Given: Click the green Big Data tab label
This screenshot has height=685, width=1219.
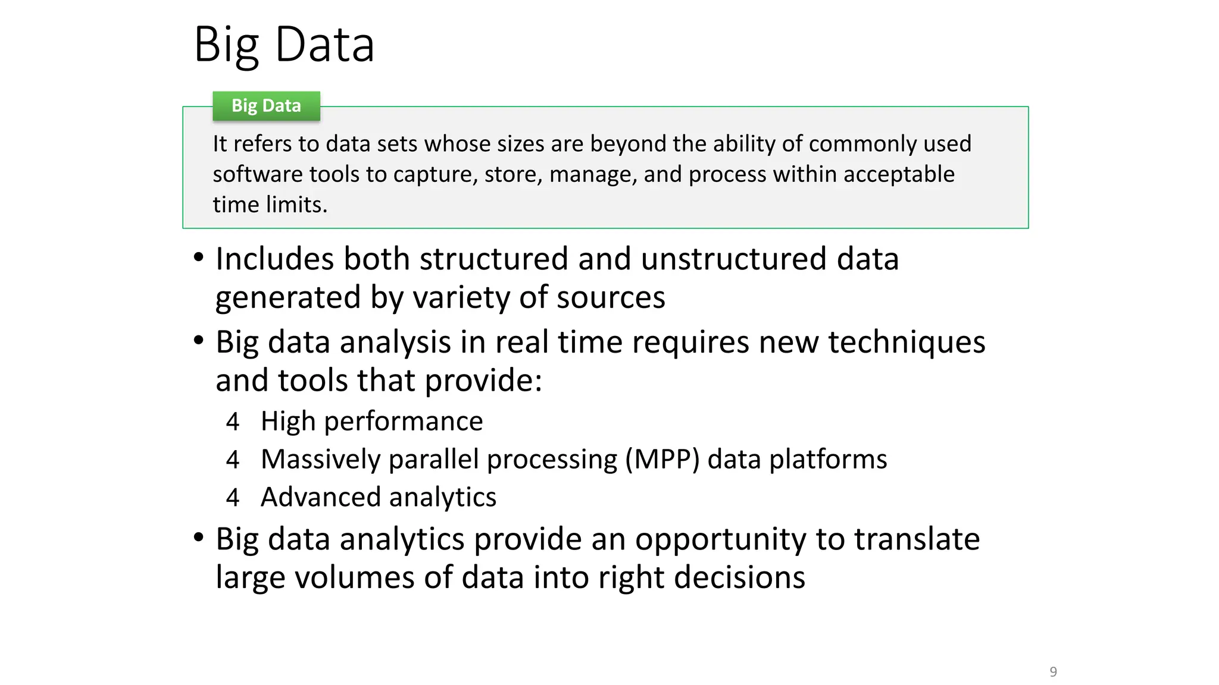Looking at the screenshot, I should [x=266, y=106].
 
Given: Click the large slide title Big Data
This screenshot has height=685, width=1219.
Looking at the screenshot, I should [x=284, y=45].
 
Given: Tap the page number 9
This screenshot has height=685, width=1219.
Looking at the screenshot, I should [x=1053, y=672].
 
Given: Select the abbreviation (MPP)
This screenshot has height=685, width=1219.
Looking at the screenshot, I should [x=662, y=460].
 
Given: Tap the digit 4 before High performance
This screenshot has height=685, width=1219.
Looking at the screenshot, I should [x=233, y=422].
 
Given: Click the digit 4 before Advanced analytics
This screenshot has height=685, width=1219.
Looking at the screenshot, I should [x=233, y=498].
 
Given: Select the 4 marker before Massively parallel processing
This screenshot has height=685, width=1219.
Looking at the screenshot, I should [x=233, y=460].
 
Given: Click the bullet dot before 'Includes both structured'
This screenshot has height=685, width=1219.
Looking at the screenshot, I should [x=199, y=257].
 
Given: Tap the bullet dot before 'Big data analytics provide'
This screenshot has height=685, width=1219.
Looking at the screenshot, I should [x=199, y=538].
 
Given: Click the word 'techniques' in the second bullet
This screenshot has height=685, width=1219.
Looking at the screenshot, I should [x=907, y=343].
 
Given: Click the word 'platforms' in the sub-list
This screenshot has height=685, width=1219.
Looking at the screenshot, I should [x=828, y=460].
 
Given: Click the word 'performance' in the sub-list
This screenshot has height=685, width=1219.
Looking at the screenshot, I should [x=403, y=422].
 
